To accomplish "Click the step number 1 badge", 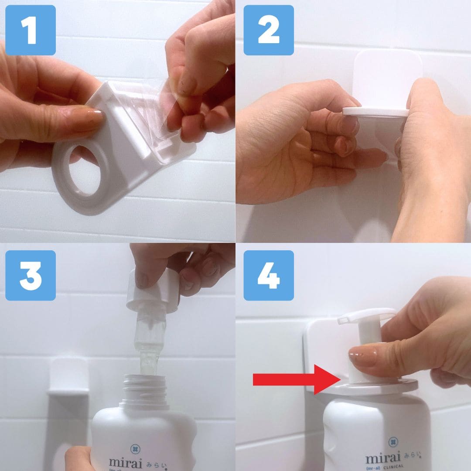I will (x=30, y=30).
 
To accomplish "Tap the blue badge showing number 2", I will (x=269, y=30).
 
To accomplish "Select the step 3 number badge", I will (x=30, y=275).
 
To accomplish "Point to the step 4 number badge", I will (x=269, y=275).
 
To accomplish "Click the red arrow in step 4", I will (x=297, y=380).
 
